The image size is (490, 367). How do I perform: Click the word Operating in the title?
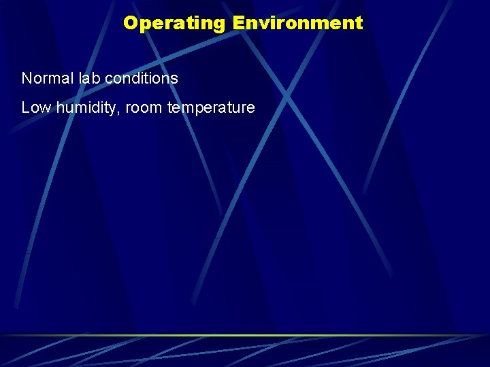(174, 23)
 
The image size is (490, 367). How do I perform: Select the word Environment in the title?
(297, 23)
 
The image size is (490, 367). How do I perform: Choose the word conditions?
(142, 78)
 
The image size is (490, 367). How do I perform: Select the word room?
(144, 108)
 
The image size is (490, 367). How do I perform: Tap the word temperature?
(210, 108)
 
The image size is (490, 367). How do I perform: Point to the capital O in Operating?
(131, 23)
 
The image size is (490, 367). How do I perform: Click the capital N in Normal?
(27, 78)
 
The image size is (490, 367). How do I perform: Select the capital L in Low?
(25, 107)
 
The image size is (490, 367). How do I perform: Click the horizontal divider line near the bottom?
(245, 335)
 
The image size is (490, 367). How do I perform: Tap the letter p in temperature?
(199, 109)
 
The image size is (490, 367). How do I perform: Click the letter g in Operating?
(218, 25)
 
